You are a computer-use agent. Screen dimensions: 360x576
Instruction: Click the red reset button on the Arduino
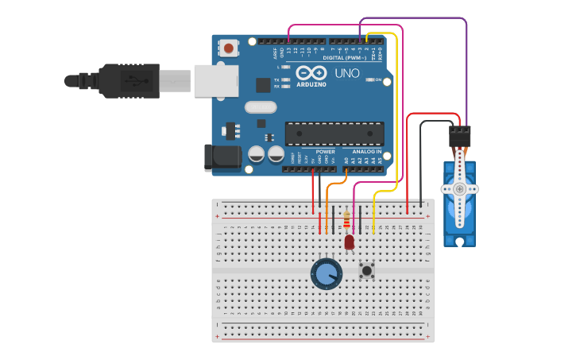click(x=229, y=48)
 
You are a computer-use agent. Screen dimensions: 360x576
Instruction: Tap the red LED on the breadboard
click(x=349, y=241)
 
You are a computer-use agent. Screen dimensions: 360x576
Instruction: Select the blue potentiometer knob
click(x=326, y=274)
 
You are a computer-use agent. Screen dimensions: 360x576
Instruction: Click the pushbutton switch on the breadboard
click(x=366, y=270)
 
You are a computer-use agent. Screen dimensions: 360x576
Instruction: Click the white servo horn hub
click(x=459, y=189)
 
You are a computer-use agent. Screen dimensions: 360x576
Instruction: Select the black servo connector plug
click(x=459, y=137)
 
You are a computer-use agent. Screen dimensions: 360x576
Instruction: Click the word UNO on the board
click(x=346, y=73)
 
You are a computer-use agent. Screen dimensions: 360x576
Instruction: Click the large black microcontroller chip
click(x=334, y=134)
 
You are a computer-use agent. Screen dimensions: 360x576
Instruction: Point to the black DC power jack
click(x=223, y=157)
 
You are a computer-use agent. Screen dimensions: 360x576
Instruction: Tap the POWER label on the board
click(x=325, y=151)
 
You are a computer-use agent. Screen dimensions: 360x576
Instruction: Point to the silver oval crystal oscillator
click(x=261, y=106)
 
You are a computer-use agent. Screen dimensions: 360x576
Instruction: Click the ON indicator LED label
click(x=378, y=79)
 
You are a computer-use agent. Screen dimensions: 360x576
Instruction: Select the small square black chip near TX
click(x=263, y=85)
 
